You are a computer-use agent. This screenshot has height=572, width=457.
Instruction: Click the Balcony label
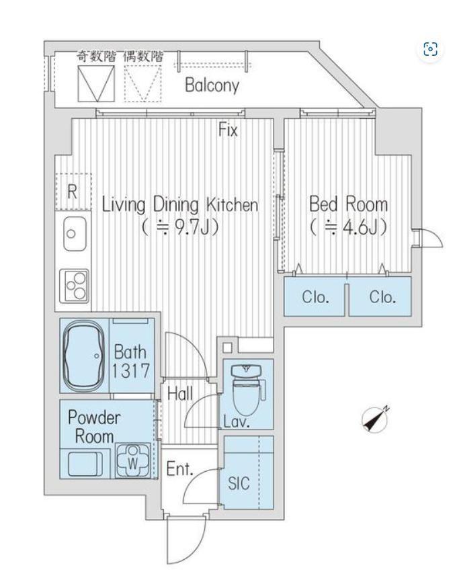coord(212,85)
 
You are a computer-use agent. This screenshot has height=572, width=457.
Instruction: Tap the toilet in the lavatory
coord(247,388)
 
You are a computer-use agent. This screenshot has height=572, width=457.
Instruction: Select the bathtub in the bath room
coord(83,356)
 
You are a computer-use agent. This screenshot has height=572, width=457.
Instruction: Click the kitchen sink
coord(75,233)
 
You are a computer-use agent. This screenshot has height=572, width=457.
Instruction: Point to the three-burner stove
coord(74,286)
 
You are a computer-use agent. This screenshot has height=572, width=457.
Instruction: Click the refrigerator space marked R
coord(73,192)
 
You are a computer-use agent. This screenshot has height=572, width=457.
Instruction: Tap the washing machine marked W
coord(133,460)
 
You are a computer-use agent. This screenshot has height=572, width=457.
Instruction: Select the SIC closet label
coord(239,483)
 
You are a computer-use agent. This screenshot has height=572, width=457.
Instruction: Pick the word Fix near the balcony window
coord(228,130)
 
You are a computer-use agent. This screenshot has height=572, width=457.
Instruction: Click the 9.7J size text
coord(181,228)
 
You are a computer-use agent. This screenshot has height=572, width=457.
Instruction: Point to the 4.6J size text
coord(348,227)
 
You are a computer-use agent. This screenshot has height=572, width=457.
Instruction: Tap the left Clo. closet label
coord(315,297)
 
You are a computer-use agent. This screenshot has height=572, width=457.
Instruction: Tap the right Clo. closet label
coord(382,297)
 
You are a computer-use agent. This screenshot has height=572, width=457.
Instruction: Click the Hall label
coord(180,394)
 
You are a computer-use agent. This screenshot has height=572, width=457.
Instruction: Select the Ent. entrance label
coord(179,469)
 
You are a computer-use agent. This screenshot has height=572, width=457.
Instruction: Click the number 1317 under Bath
coord(130,371)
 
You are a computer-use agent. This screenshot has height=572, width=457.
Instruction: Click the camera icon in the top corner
coord(430,48)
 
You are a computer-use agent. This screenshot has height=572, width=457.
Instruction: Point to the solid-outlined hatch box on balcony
coord(96,83)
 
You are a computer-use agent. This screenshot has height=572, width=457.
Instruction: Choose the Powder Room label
coord(94,427)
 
